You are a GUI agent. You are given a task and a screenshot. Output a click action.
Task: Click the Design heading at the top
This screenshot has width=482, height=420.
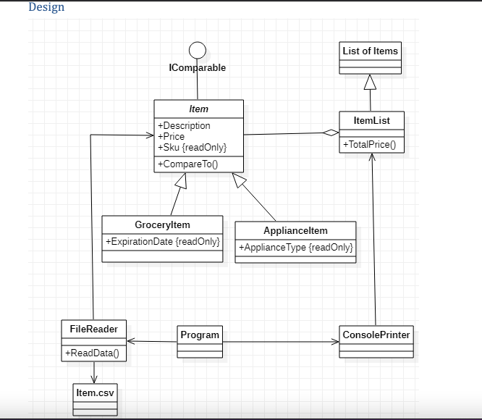click(46, 7)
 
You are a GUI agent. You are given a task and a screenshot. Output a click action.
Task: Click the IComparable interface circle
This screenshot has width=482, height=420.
click(197, 50)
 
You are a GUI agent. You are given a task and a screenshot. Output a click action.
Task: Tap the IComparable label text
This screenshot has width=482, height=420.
click(197, 68)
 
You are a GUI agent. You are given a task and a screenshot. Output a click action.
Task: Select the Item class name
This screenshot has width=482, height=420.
click(198, 109)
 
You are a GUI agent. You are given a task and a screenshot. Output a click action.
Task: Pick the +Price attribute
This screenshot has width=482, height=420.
click(171, 137)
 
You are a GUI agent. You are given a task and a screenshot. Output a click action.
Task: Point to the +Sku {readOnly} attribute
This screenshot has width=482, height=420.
click(192, 148)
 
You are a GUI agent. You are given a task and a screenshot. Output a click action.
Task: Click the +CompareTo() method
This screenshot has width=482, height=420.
click(187, 164)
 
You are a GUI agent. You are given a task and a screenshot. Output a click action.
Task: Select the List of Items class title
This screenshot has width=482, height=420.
click(371, 51)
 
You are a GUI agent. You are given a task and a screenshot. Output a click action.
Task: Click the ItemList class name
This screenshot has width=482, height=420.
click(372, 120)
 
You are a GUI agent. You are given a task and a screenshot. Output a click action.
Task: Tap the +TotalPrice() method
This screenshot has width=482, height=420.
click(369, 145)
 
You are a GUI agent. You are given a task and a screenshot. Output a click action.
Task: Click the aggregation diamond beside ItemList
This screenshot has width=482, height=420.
click(331, 133)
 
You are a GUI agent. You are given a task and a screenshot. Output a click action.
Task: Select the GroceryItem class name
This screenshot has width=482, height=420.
click(162, 225)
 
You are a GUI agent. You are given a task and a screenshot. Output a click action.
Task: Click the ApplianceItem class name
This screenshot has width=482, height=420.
click(295, 231)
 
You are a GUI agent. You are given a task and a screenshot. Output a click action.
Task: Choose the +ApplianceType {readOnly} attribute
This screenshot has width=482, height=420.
click(295, 248)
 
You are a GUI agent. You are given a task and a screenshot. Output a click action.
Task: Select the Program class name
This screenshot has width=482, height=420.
click(200, 335)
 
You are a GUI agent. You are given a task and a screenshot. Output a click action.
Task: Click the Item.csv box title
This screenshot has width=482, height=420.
click(95, 393)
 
